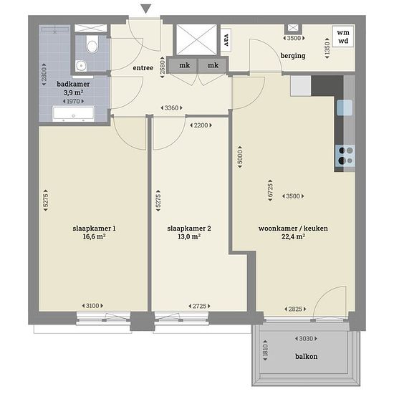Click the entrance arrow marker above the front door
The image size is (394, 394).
point(146,9)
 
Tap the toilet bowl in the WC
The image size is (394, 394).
point(92,44)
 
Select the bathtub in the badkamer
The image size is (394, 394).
point(73,114)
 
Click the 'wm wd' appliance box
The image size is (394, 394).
point(343,37)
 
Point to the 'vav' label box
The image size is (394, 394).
point(226,40)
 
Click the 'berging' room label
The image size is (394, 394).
point(293,56)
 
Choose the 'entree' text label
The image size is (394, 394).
point(143,68)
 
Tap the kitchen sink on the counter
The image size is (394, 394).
point(345,107)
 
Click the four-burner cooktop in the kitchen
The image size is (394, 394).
point(345,155)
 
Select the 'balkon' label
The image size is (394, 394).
point(306,356)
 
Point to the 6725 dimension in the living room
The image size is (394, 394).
point(270,191)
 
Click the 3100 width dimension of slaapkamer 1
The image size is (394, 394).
point(92,306)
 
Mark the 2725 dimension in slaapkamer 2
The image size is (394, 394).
point(200,306)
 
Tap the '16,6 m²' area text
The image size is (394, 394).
point(94,236)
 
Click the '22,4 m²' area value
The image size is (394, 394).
point(293,236)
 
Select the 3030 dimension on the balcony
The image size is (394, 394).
point(306,338)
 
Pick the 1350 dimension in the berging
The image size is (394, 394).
point(327,48)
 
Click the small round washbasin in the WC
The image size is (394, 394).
point(81,66)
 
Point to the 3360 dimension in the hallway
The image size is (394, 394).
point(172,107)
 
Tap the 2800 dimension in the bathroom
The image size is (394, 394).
point(44,75)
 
